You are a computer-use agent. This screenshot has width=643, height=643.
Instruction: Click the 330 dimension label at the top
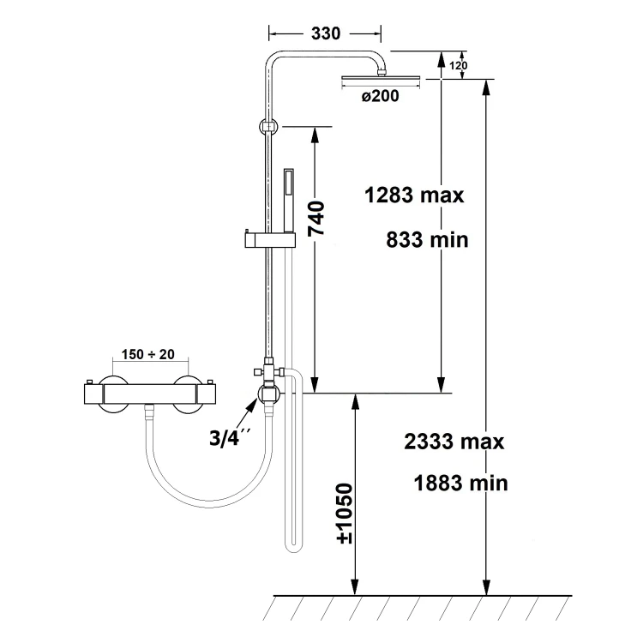[326, 33]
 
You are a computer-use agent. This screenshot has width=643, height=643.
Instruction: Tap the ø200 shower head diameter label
[380, 96]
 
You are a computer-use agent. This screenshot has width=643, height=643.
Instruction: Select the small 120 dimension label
[458, 66]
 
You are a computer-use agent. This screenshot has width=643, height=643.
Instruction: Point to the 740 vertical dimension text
[316, 218]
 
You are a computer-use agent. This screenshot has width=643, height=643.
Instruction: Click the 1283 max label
[414, 195]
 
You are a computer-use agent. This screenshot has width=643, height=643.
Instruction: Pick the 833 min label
[427, 240]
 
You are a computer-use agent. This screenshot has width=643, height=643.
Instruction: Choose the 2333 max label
[454, 442]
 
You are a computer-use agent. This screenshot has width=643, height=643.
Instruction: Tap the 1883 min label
[460, 483]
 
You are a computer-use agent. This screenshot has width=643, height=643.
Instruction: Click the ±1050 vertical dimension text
[344, 514]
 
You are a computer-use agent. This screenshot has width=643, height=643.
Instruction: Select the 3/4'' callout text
[228, 437]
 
